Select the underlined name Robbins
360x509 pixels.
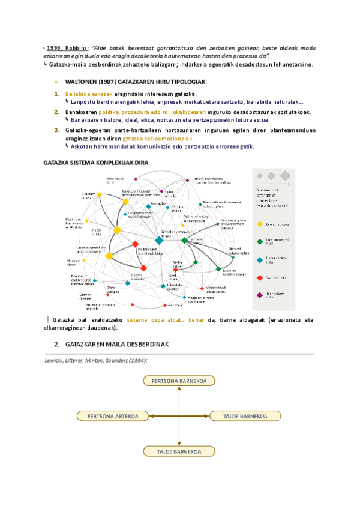point(77,47)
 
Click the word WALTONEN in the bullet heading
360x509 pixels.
point(82,82)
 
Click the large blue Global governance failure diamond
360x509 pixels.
point(159,240)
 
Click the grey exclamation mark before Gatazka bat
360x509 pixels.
point(47,319)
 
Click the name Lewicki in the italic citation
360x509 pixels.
point(56,360)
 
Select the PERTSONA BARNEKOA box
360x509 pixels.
point(179,381)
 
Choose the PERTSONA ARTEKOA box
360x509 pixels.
point(113,416)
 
